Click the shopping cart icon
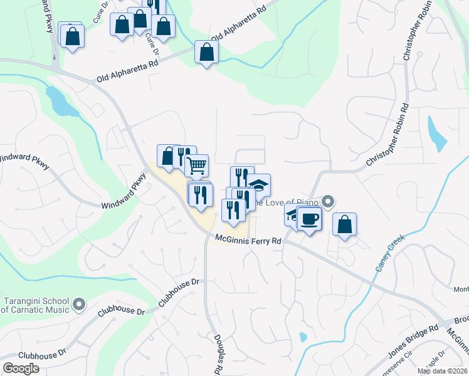(198, 166)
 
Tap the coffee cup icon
(309, 219)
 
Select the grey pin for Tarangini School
(78, 305)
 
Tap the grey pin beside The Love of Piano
(328, 202)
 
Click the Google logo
(21, 368)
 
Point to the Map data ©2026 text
(443, 371)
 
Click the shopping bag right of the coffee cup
(344, 224)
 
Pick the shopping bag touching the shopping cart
(168, 157)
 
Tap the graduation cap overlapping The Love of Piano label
(258, 185)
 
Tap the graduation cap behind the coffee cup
(293, 214)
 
